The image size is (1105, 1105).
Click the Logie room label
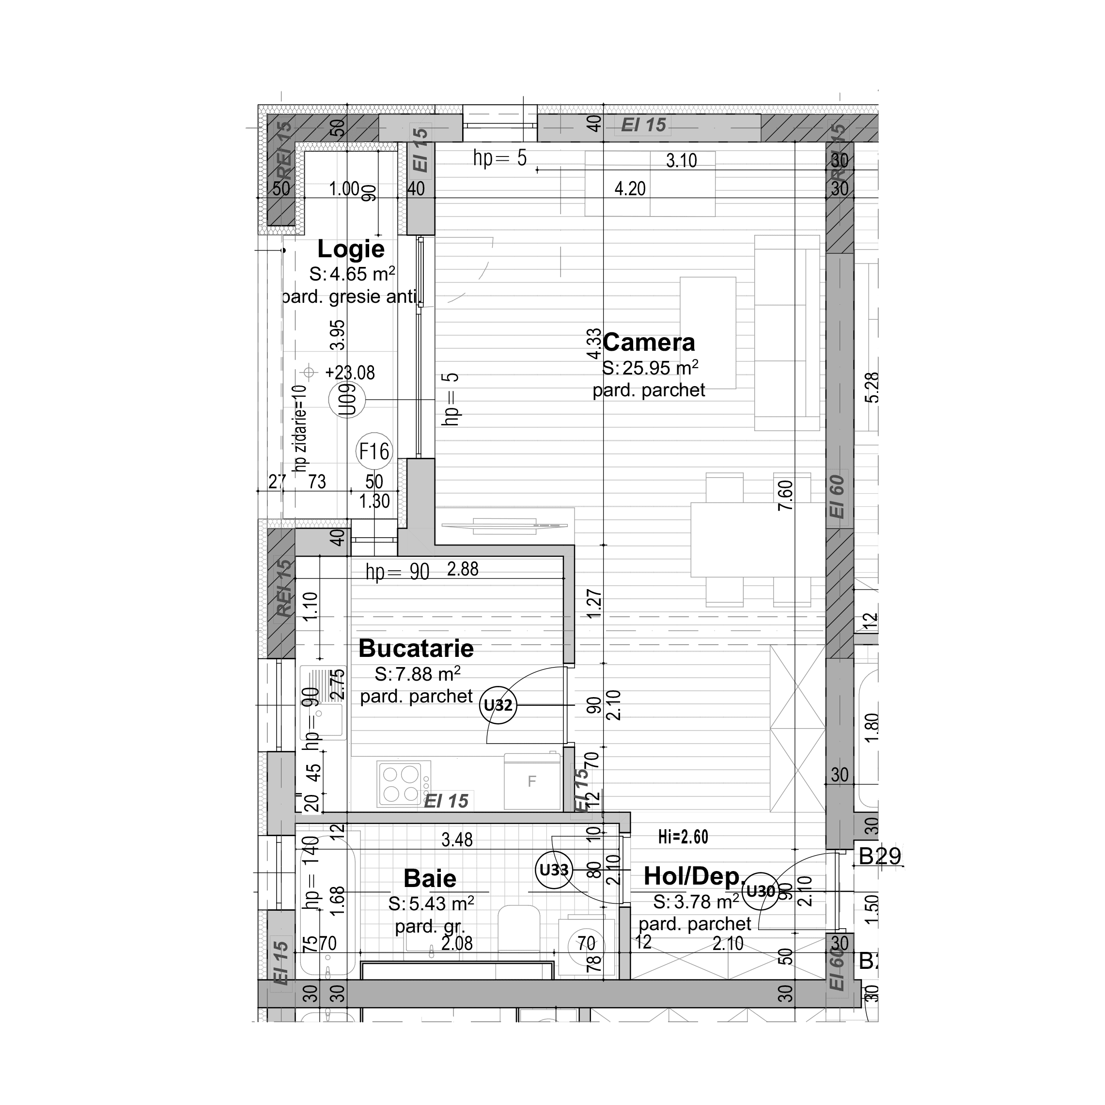tap(351, 249)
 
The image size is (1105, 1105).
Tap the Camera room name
tap(648, 342)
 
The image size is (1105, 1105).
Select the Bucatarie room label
tap(416, 648)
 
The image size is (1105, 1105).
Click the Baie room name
tap(430, 878)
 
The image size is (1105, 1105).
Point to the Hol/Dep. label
tap(693, 876)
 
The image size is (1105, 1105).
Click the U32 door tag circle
tap(498, 705)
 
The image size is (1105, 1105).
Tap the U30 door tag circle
tap(761, 891)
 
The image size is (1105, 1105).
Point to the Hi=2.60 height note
tap(683, 837)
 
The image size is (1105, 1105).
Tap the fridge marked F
tap(532, 781)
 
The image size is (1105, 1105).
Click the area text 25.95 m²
tap(650, 368)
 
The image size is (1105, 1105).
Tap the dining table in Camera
tap(758, 539)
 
